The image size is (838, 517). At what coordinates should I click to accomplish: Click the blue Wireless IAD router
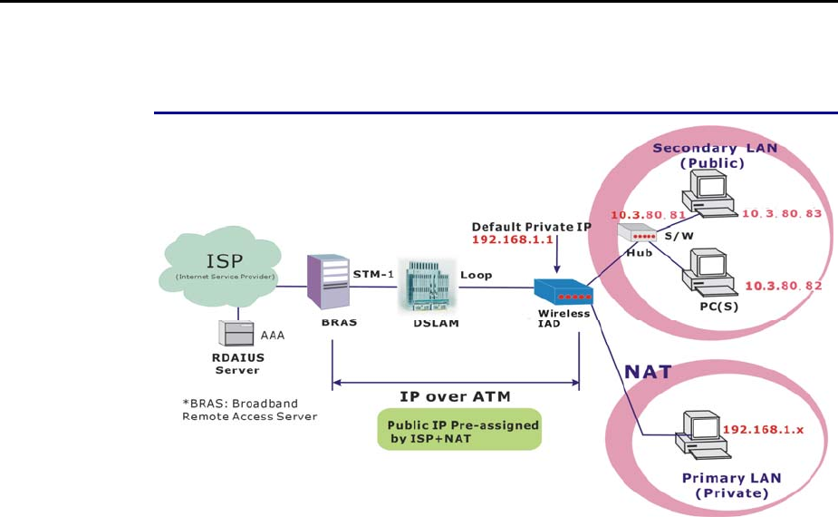[563, 293]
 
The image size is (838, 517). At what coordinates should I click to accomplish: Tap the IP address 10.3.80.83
[781, 214]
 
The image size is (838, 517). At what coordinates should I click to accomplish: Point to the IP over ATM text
[456, 396]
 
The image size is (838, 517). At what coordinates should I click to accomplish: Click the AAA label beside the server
[274, 334]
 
